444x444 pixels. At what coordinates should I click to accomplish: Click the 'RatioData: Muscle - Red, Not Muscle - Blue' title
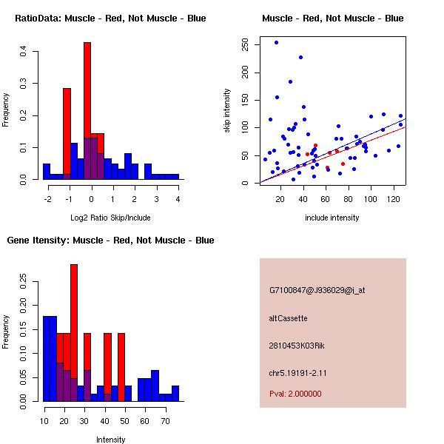pyautogui.click(x=111, y=18)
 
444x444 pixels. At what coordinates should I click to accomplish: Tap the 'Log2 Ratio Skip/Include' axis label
pyautogui.click(x=111, y=217)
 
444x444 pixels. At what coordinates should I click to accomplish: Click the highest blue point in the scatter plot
pyautogui.click(x=276, y=43)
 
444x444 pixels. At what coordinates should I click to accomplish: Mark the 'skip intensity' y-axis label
pyautogui.click(x=228, y=111)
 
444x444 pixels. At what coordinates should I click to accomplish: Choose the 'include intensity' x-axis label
pyautogui.click(x=332, y=218)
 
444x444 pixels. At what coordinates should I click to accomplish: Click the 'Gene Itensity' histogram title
pyautogui.click(x=111, y=240)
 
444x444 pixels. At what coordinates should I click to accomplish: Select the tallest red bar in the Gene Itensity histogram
pyautogui.click(x=74, y=333)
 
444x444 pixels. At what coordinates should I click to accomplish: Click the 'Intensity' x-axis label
pyautogui.click(x=111, y=440)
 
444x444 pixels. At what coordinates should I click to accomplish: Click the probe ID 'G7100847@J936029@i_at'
pyautogui.click(x=317, y=290)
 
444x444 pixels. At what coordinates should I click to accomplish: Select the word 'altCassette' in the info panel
pyautogui.click(x=289, y=318)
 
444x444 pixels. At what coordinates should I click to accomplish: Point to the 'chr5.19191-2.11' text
pyautogui.click(x=298, y=372)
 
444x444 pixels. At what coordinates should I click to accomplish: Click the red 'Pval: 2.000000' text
pyautogui.click(x=296, y=394)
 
